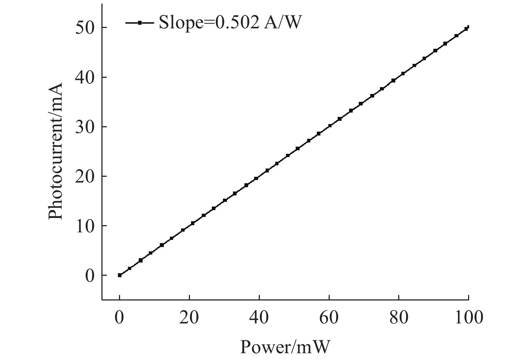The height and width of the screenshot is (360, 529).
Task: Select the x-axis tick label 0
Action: (x=119, y=317)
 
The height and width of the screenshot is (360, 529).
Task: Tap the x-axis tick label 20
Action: (x=189, y=317)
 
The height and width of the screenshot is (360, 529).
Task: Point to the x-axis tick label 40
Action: (x=259, y=317)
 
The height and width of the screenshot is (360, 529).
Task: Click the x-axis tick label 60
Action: (x=329, y=317)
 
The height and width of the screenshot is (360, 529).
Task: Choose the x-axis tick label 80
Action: (x=399, y=317)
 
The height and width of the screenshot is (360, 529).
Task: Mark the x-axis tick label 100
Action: (x=468, y=317)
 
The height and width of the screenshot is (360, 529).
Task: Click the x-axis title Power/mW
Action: (x=285, y=347)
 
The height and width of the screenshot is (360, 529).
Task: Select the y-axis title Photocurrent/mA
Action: (x=56, y=151)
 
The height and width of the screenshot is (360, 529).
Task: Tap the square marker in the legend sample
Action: (x=140, y=23)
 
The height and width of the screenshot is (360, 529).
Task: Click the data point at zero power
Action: (x=120, y=275)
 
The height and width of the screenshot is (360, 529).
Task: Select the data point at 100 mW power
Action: (x=468, y=27)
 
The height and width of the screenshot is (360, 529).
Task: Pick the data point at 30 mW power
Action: (x=225, y=200)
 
